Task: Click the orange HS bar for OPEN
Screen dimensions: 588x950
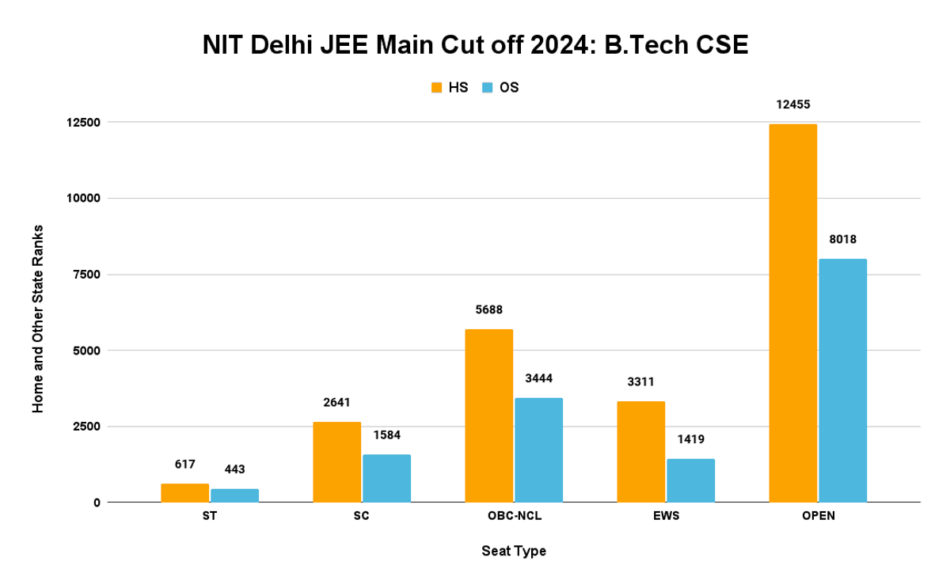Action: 792,313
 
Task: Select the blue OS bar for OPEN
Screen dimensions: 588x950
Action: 842,381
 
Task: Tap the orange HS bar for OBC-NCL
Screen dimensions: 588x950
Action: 488,415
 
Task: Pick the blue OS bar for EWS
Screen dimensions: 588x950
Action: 690,480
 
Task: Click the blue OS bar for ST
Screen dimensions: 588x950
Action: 234,495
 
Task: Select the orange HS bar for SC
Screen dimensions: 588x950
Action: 336,462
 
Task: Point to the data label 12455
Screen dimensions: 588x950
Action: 792,104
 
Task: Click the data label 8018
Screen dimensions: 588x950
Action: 842,239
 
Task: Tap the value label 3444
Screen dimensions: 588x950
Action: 538,378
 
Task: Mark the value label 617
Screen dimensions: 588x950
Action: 184,465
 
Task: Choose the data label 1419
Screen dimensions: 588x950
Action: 690,439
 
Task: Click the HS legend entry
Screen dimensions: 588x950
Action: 449,87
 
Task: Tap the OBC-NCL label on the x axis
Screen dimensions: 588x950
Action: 514,517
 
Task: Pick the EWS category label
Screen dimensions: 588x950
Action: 666,517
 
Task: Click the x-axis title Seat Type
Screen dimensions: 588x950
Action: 514,551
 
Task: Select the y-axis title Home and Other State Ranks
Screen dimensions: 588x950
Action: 37,319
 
